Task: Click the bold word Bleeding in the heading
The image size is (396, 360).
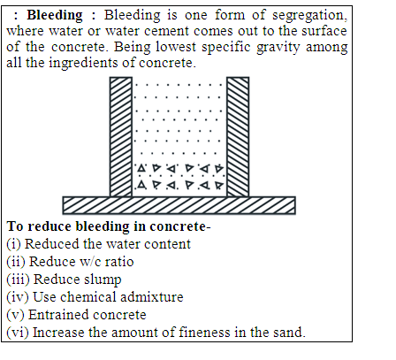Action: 55,16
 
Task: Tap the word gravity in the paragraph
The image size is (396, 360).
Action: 278,48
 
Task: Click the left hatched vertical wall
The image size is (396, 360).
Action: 121,137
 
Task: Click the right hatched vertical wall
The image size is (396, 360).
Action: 238,137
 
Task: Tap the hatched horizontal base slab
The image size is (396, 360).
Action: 179,205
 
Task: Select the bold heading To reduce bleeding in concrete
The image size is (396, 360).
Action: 109,226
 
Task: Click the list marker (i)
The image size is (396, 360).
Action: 14,244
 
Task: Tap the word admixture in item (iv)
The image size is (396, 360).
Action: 152,297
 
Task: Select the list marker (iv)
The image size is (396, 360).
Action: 18,297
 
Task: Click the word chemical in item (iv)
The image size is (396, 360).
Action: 88,297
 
